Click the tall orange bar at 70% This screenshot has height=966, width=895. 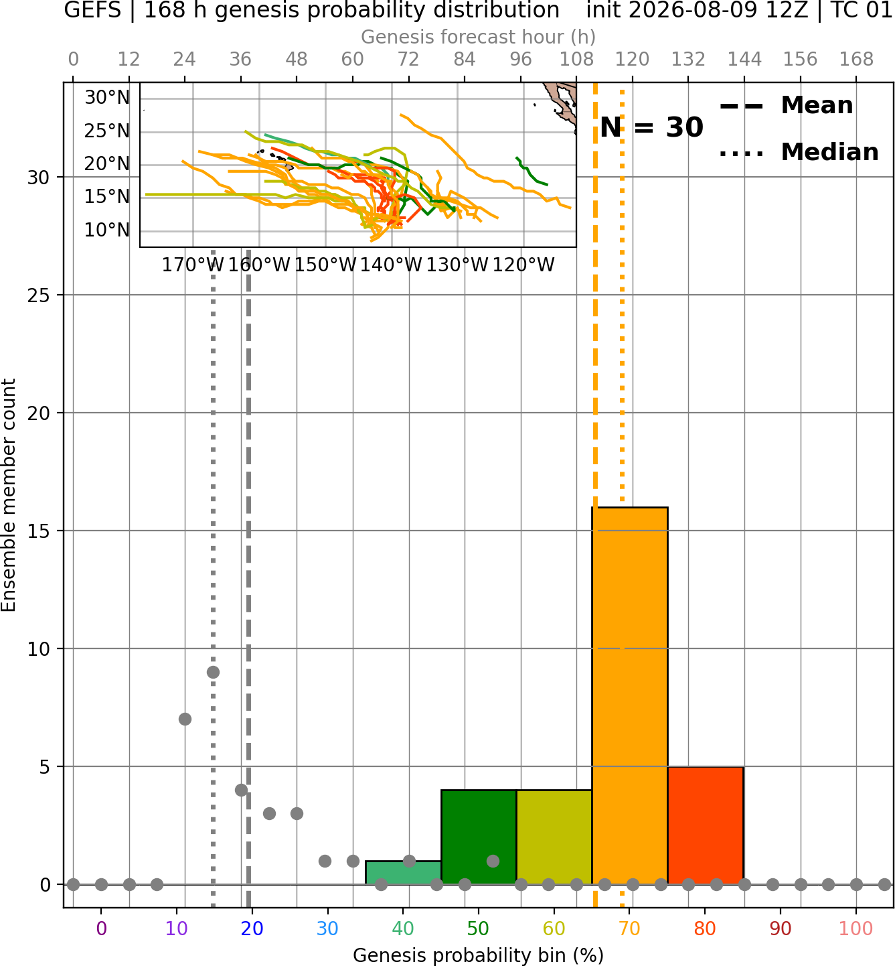(x=629, y=695)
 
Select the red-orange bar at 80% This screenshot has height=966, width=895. (x=706, y=825)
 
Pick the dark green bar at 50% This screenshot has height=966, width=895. (x=479, y=837)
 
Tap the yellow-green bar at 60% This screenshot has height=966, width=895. (x=554, y=837)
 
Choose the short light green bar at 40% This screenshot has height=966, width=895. (x=404, y=873)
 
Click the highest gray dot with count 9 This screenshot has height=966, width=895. (x=213, y=673)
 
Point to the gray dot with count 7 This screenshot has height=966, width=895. (x=185, y=719)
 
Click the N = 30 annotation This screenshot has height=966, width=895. (x=651, y=127)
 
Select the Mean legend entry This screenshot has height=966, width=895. (x=786, y=106)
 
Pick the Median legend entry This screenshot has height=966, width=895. (x=799, y=152)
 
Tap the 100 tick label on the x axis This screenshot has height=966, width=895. (x=856, y=928)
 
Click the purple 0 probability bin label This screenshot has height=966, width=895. (x=101, y=928)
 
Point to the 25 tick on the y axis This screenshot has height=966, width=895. (x=39, y=295)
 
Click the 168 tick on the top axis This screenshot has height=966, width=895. (x=856, y=60)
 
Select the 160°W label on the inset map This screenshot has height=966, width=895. (x=259, y=265)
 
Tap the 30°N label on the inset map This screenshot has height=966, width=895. (x=107, y=98)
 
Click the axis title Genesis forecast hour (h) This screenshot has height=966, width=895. (x=479, y=37)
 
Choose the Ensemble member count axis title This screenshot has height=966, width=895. (x=9, y=495)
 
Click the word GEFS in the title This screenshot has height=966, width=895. (x=92, y=10)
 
